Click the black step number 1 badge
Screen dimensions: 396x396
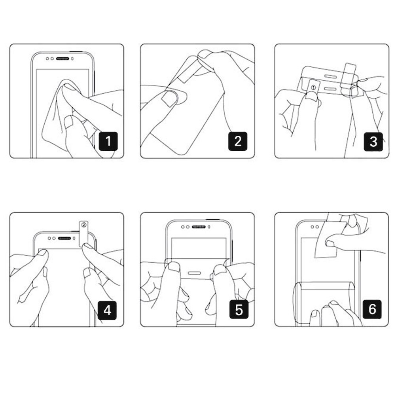108,141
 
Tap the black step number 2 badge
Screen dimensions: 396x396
238,141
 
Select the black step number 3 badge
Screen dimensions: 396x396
373,142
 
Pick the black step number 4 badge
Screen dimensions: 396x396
107,310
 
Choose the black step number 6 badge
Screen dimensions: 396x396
372,309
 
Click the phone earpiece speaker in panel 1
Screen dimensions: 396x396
63,59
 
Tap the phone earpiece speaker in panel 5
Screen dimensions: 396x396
199,227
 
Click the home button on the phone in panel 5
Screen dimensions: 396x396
195,273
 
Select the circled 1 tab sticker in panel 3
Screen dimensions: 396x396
313,88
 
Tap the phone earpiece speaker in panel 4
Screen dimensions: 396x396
64,238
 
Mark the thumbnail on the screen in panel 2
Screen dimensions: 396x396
169,99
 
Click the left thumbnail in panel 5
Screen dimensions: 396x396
174,267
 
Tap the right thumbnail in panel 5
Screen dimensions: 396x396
220,269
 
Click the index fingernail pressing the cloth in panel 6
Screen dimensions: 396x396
330,243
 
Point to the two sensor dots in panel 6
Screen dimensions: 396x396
315,227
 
